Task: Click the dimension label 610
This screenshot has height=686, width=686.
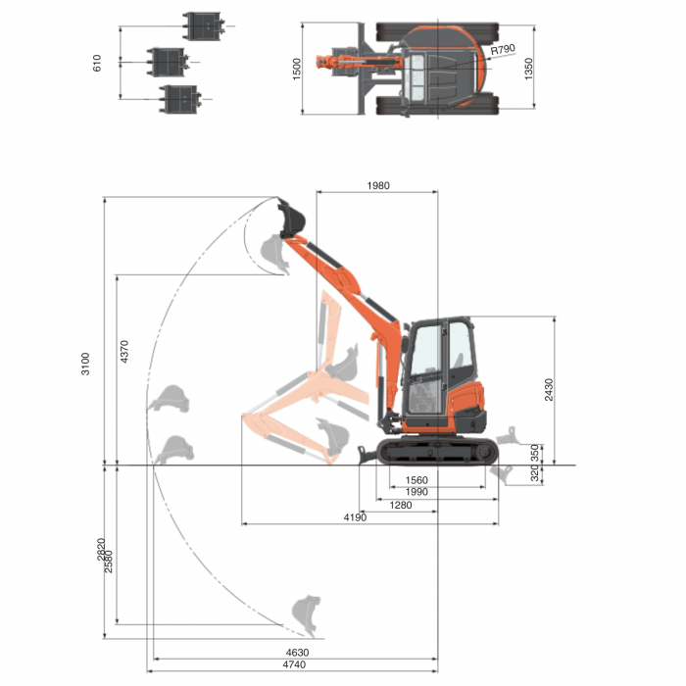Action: tap(97, 63)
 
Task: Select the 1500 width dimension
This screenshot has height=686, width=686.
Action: tap(297, 69)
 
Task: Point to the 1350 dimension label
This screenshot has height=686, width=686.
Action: tap(529, 69)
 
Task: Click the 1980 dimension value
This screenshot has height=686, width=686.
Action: tap(377, 185)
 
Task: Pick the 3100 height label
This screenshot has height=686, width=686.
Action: tap(86, 364)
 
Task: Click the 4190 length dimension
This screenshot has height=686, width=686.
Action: tap(355, 517)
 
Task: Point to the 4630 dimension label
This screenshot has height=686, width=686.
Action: tap(298, 652)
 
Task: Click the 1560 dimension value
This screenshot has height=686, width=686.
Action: tap(416, 480)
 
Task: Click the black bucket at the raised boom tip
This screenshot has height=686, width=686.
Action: tap(292, 218)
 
